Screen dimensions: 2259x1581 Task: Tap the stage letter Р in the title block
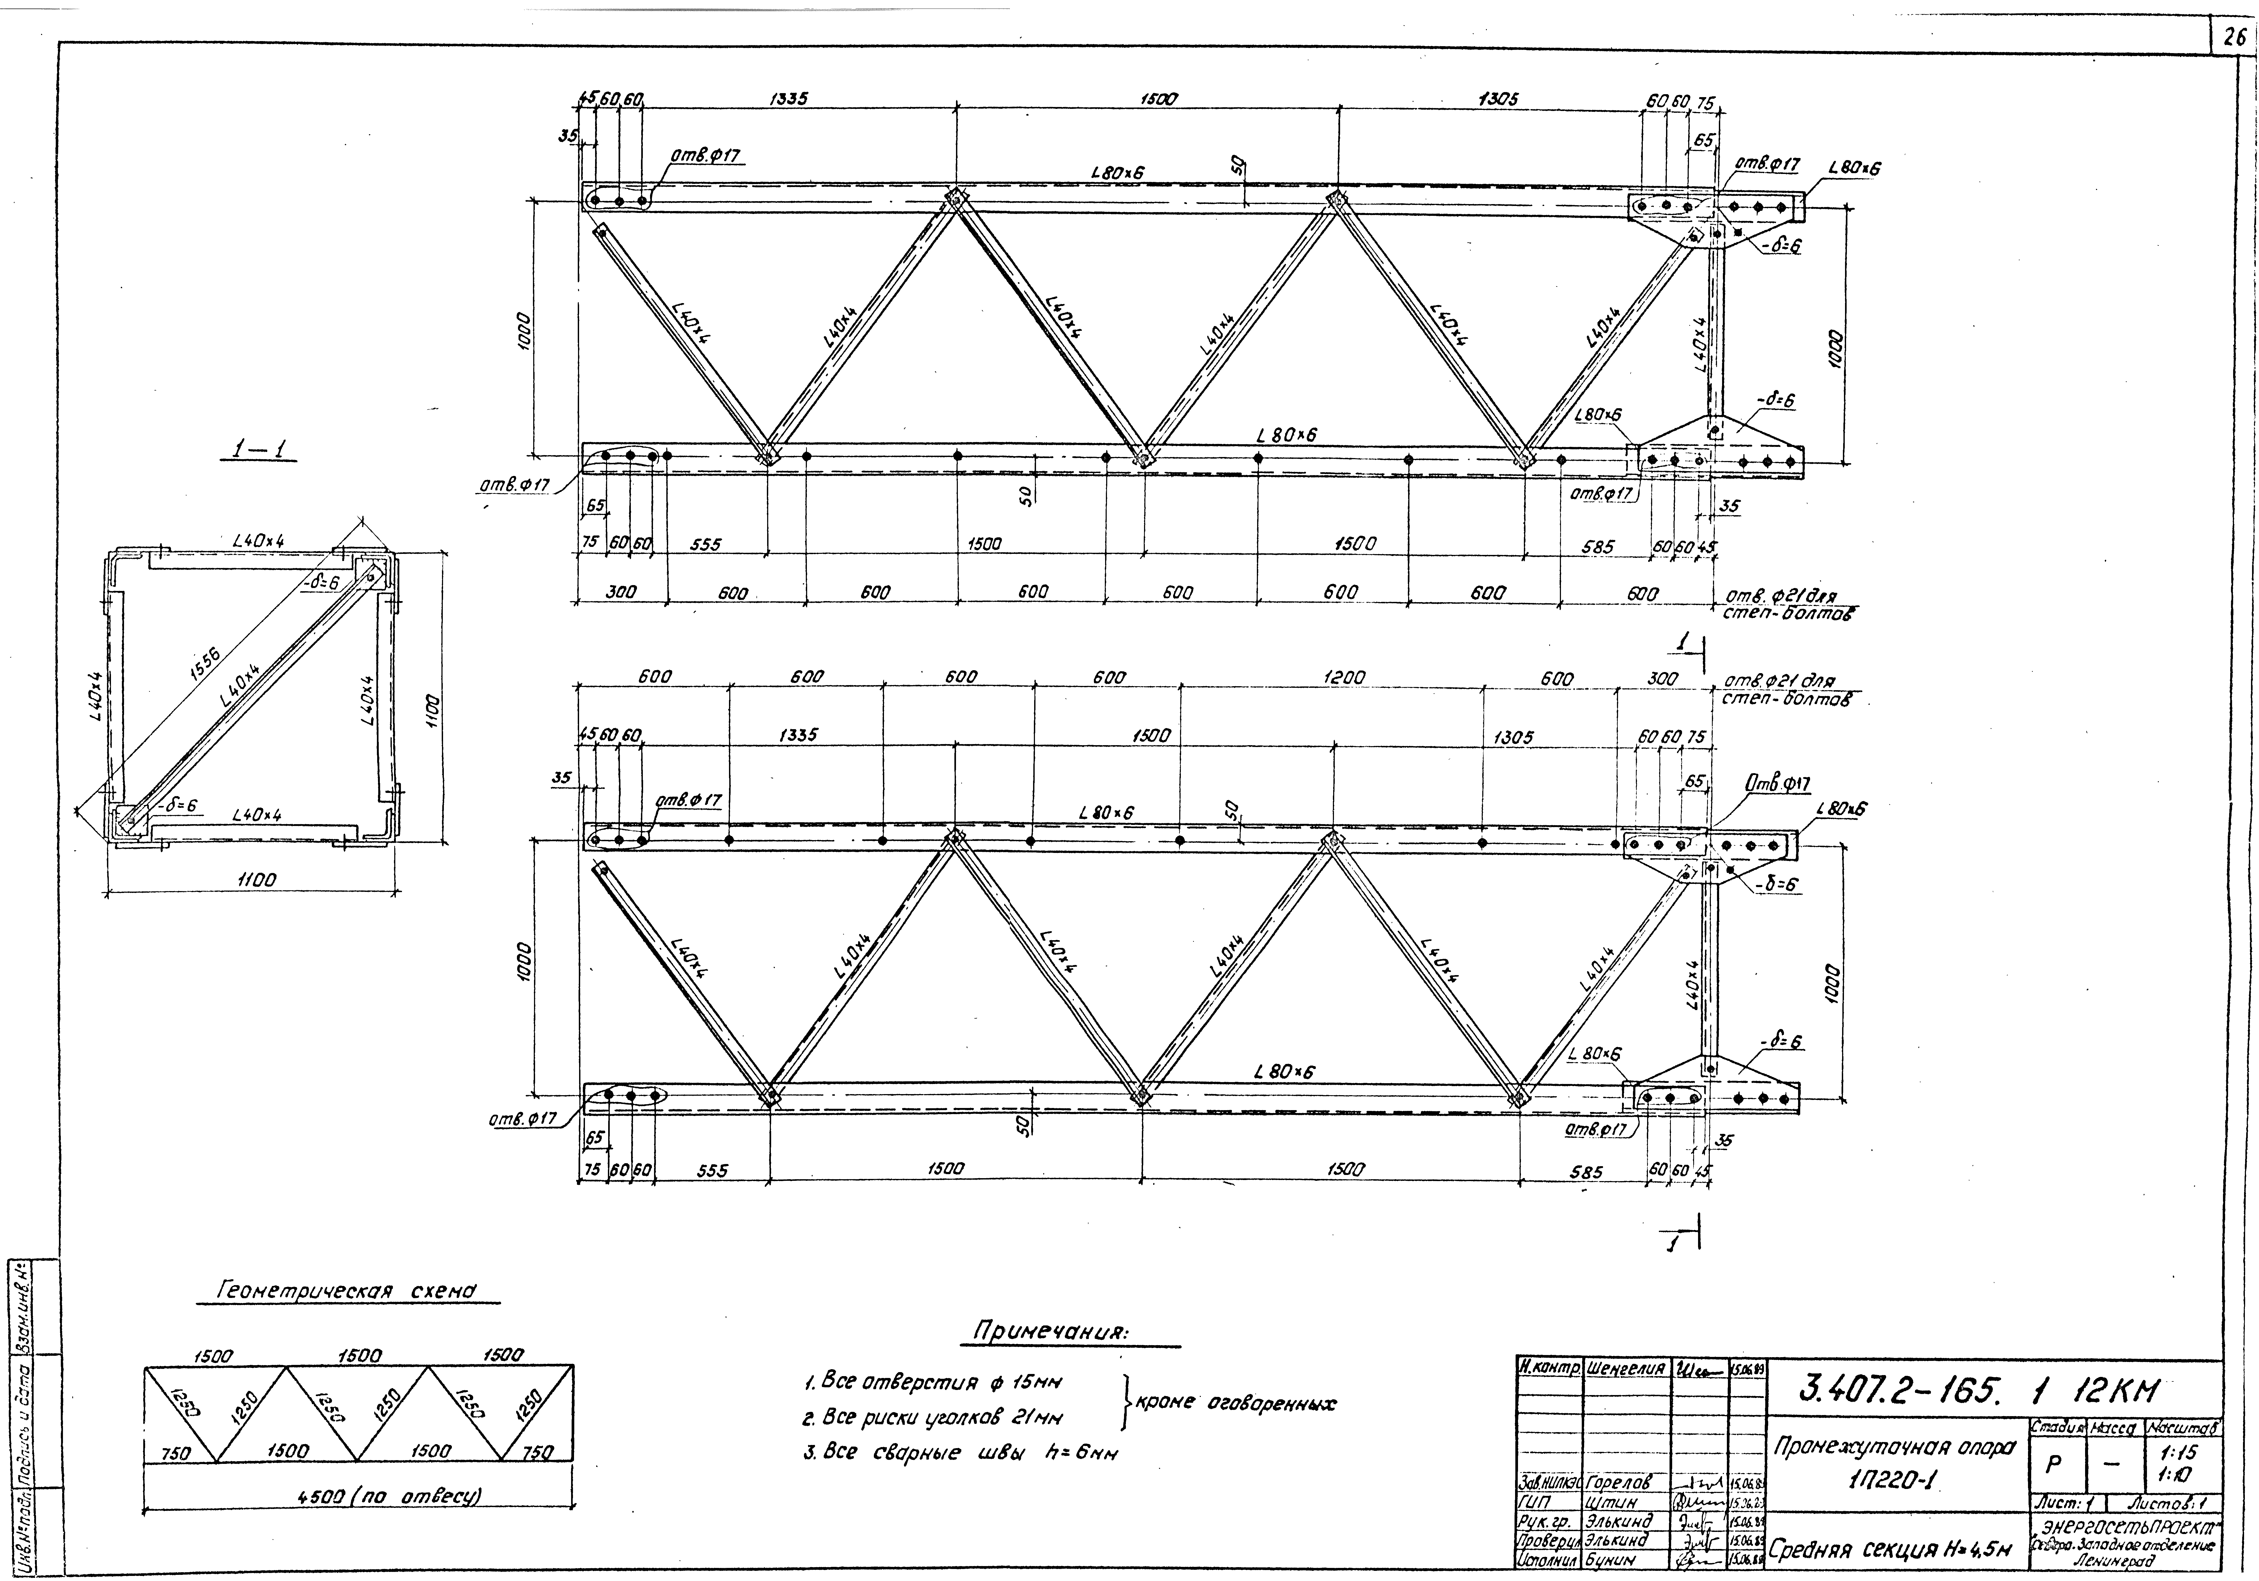pos(2053,1464)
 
